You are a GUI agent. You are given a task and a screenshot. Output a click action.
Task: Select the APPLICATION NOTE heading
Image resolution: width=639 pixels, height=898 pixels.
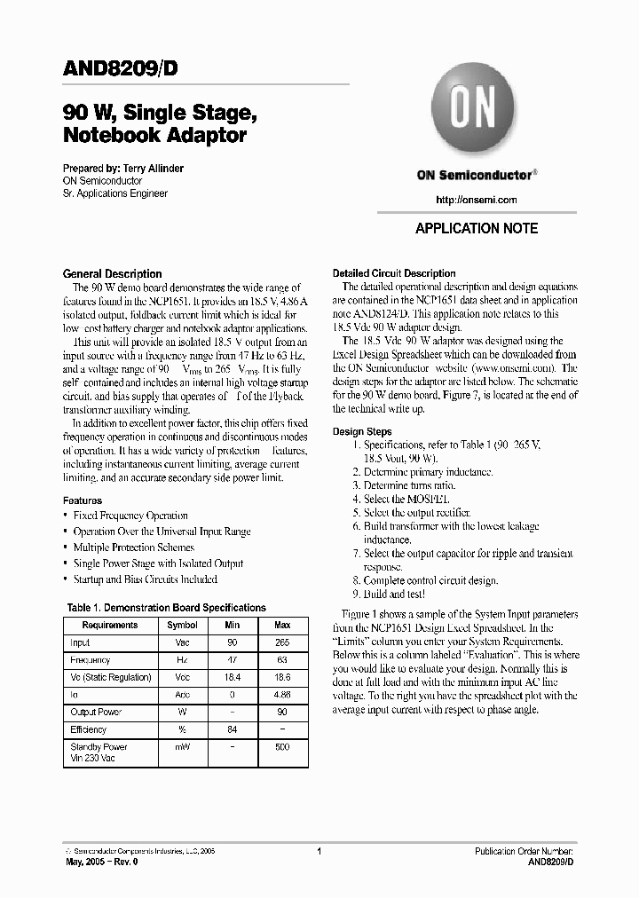click(477, 228)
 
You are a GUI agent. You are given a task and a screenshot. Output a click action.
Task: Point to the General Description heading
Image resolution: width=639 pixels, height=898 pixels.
click(112, 274)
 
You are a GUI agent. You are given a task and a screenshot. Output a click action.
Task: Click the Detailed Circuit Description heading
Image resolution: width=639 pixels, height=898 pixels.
click(393, 273)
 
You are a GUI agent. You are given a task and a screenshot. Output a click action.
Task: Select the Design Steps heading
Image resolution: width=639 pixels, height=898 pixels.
click(362, 431)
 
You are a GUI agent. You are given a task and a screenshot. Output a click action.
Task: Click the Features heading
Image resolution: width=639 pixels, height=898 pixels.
click(83, 500)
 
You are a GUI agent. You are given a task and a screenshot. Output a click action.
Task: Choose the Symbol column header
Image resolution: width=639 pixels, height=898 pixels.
click(182, 625)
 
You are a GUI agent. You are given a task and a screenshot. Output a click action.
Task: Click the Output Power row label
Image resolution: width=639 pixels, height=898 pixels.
click(97, 712)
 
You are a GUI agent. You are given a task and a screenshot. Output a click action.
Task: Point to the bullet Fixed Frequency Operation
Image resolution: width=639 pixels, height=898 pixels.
click(130, 516)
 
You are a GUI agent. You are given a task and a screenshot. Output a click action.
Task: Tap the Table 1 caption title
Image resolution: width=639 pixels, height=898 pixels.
click(166, 608)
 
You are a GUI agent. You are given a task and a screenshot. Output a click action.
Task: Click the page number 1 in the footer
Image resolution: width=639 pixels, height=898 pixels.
click(318, 850)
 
